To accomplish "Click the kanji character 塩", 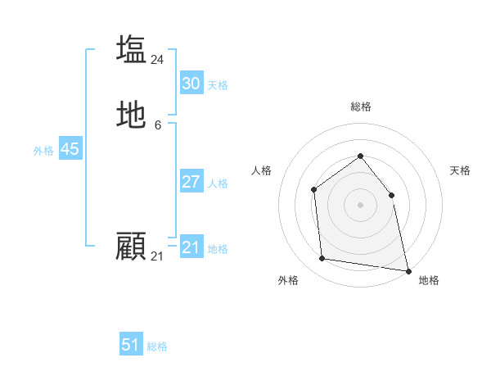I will [131, 49].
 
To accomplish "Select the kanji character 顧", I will [131, 246].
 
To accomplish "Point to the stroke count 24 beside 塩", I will [158, 60].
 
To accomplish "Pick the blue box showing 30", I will [191, 84].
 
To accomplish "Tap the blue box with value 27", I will [191, 182].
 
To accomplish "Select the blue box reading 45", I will [70, 149].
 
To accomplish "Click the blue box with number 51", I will [131, 345].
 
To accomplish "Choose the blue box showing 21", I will [191, 247].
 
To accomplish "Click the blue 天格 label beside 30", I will [218, 85].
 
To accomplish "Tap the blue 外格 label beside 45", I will [43, 151].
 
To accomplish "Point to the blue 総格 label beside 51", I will [157, 346].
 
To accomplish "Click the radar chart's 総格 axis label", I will [360, 106].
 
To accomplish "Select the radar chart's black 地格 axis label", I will [429, 280].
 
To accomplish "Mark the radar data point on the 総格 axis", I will [360, 156].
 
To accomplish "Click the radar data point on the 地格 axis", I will [408, 269].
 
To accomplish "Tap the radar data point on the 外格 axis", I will [322, 259].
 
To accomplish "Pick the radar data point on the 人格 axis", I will [314, 190].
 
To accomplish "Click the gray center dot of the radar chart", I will [360, 205].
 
